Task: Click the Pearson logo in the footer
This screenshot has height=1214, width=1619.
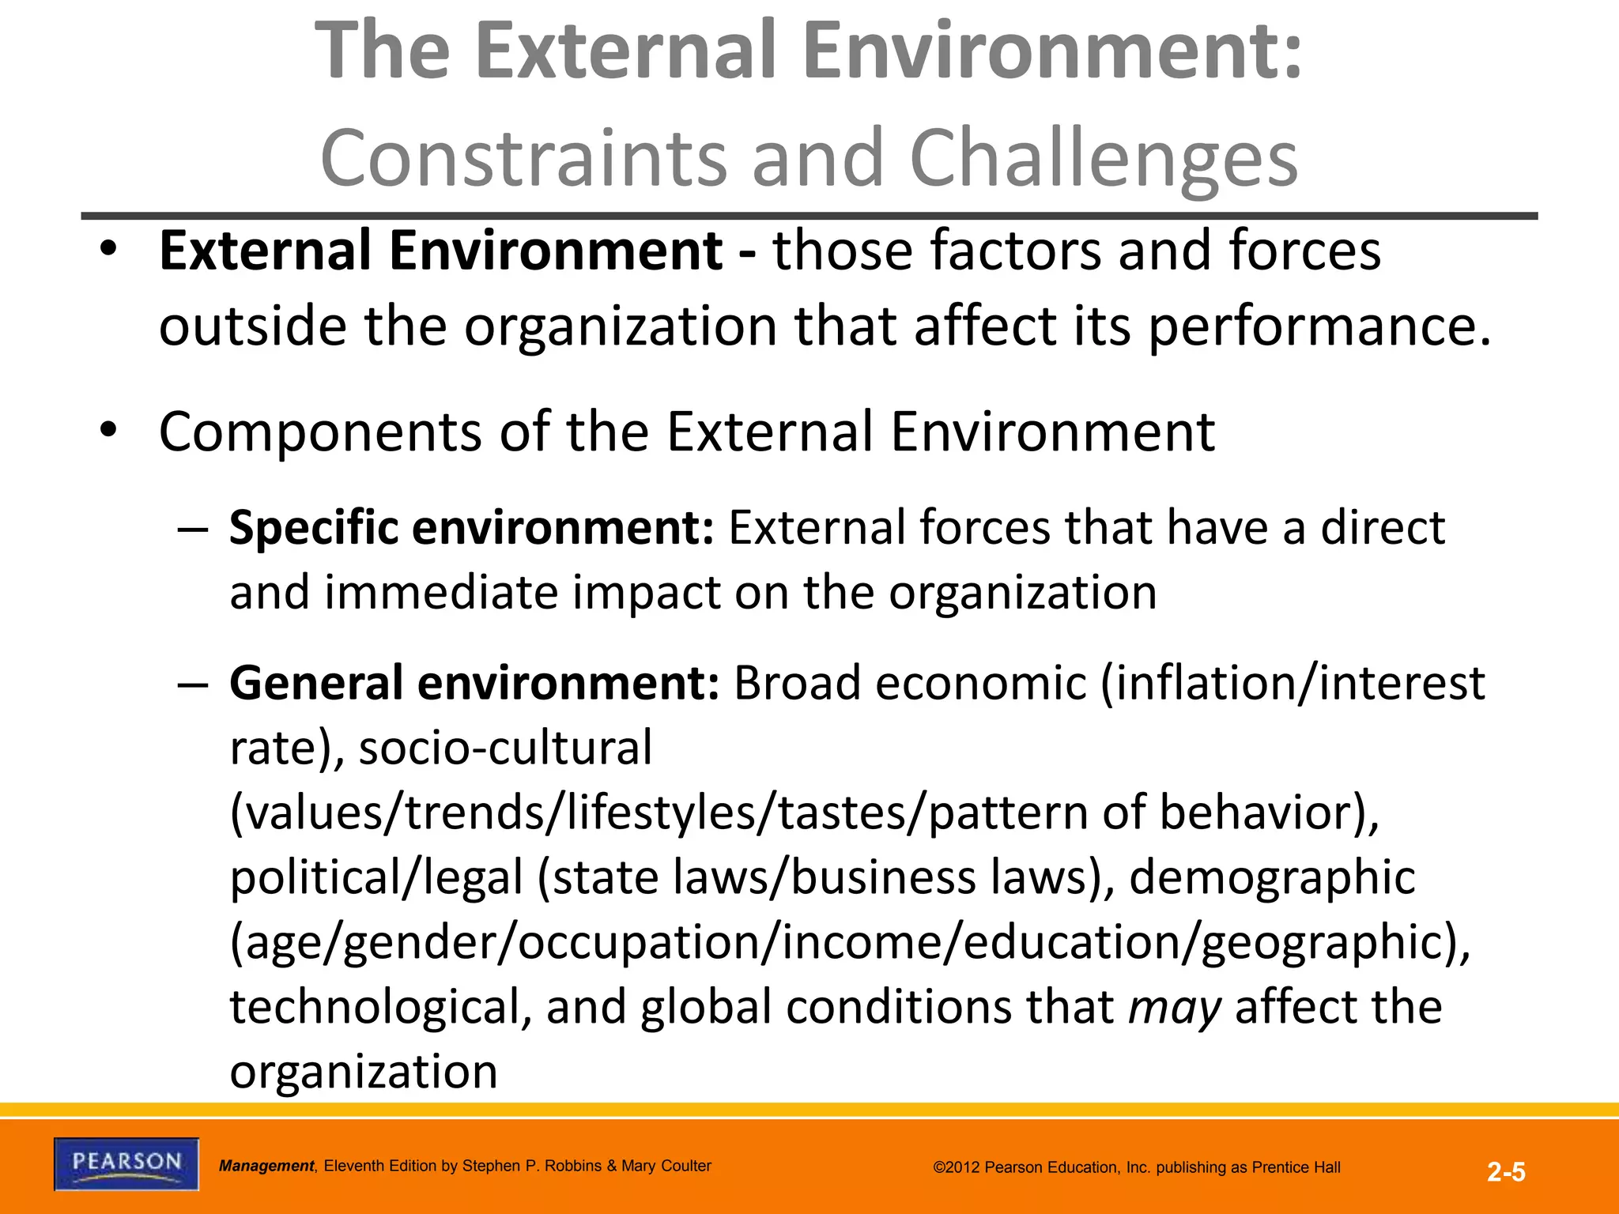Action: [126, 1163]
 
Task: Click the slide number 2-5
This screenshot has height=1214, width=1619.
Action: [1506, 1172]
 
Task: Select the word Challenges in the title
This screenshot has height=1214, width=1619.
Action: [1104, 158]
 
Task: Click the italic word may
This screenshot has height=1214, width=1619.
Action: [1175, 1008]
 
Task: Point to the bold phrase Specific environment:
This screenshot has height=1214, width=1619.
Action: [471, 528]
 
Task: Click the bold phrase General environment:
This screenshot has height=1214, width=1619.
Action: [474, 683]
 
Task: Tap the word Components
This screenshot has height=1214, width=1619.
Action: [320, 432]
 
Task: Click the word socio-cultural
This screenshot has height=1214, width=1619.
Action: [506, 748]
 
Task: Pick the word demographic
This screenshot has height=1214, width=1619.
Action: [1271, 877]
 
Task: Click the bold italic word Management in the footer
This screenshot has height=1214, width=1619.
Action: [266, 1166]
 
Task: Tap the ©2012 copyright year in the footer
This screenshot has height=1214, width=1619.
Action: [957, 1167]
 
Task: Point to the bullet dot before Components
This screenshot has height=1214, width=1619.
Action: [108, 431]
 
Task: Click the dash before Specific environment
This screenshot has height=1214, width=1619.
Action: [193, 528]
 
